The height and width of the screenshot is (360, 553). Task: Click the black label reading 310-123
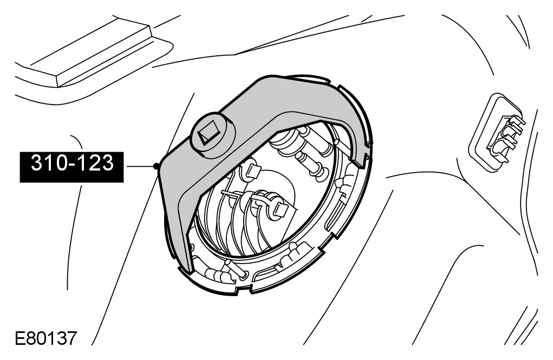71,167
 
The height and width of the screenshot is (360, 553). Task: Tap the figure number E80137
46,338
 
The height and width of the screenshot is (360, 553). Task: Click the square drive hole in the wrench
209,133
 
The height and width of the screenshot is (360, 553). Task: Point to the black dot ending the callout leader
156,166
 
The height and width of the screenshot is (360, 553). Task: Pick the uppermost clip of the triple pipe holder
515,122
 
